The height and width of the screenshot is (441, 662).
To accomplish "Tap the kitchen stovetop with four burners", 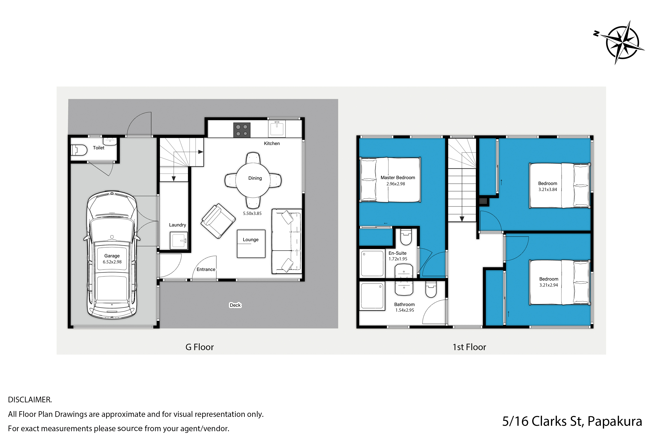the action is pos(242,130).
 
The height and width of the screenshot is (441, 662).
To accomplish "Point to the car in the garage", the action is pos(112,255).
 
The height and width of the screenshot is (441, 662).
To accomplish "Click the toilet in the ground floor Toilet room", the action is pos(79,150).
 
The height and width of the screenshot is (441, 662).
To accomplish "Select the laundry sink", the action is pos(179,240).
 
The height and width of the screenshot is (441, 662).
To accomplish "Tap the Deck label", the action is pos(235,305).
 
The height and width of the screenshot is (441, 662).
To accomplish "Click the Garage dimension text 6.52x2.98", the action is pos(112,262).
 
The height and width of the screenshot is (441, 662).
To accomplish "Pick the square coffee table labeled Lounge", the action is pos(251,244).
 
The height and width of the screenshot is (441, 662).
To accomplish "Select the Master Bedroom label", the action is pos(398,177).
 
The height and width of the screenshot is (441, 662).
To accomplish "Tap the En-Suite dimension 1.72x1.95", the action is pos(398,259).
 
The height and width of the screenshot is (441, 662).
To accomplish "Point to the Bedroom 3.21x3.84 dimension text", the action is pos(547,189).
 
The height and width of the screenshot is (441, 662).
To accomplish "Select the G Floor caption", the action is pos(199,347).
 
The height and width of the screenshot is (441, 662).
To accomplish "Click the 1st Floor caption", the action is pos(469,347).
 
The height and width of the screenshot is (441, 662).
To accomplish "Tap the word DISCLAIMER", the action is pos(30,400).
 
